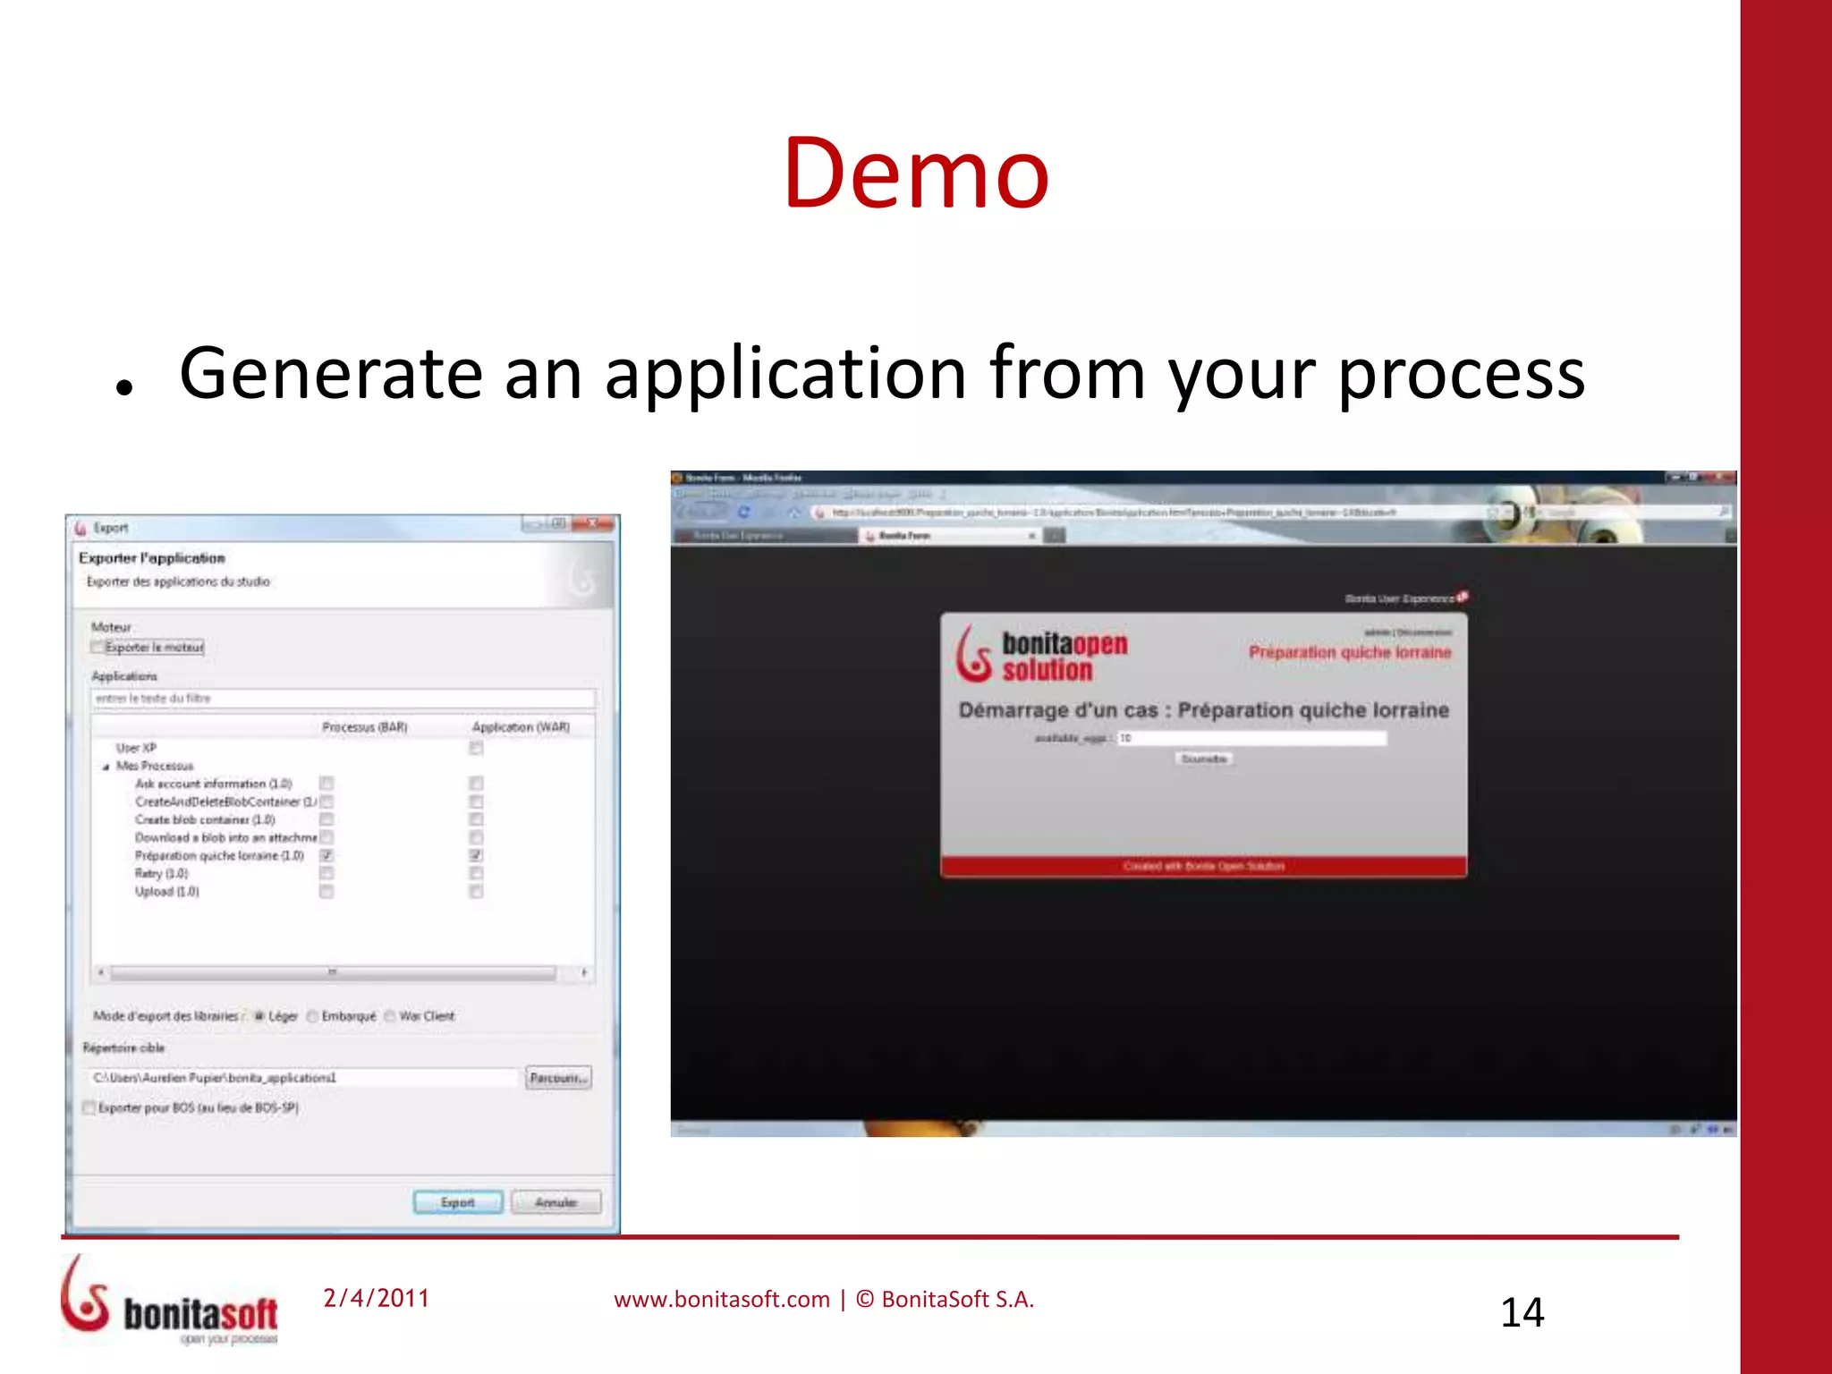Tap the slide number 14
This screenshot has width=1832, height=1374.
(1522, 1312)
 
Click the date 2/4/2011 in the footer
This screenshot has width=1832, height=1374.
(376, 1298)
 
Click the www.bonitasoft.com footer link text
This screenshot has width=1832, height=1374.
(721, 1299)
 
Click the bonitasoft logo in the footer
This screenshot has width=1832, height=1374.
(170, 1302)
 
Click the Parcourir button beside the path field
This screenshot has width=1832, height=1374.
(558, 1078)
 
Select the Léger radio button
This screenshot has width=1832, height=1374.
(259, 1016)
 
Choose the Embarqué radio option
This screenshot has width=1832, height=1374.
(313, 1016)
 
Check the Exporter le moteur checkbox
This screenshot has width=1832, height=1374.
(98, 647)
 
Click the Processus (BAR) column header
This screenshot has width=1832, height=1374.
(364, 727)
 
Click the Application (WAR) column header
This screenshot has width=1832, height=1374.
(521, 727)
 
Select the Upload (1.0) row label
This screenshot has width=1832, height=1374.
(167, 892)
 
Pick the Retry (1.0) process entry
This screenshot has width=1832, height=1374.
(162, 873)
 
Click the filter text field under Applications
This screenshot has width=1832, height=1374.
(343, 698)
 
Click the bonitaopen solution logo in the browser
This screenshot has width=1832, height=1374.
(1043, 655)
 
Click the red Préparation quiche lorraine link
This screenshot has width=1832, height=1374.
(1350, 652)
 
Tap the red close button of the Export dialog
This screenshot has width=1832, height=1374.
(591, 524)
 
